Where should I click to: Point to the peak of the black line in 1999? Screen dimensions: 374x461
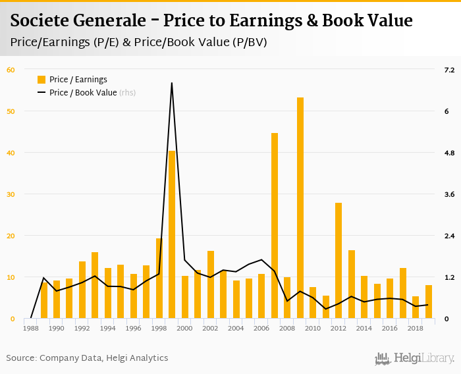coord(172,83)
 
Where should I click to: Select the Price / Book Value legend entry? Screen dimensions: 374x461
coord(82,93)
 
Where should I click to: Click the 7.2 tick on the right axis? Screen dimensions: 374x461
coord(450,70)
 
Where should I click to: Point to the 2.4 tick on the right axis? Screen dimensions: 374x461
coord(450,236)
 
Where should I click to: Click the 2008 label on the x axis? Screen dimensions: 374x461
coord(287,328)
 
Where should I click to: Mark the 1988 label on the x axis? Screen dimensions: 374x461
coord(31,328)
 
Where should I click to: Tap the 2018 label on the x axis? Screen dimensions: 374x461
coord(416,328)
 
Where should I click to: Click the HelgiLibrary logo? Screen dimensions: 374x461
coord(414,358)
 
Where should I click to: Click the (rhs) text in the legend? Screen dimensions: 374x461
coord(127,93)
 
